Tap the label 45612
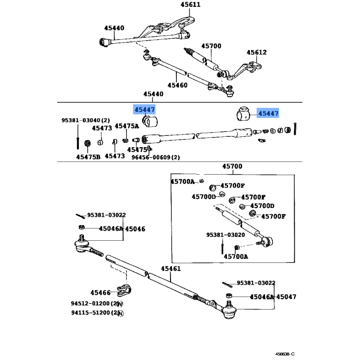[x=256, y=53]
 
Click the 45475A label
[x=127, y=126]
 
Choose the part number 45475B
[x=88, y=157]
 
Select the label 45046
[x=135, y=229]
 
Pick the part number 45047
[x=286, y=297]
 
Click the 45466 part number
[x=100, y=292]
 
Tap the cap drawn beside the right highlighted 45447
[x=243, y=114]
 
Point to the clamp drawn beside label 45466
[x=123, y=291]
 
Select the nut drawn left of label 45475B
[x=89, y=143]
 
